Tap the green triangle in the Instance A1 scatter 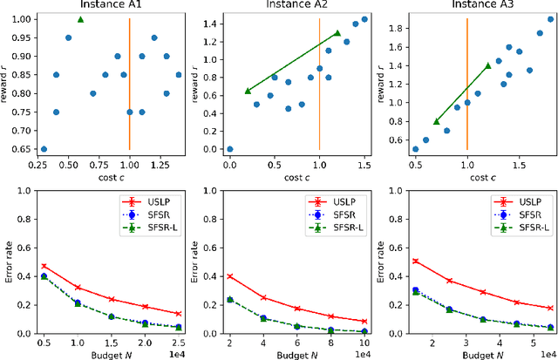[x=80, y=19]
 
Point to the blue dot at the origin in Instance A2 [x=229, y=149]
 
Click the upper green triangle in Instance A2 [x=337, y=33]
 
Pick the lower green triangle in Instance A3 [x=437, y=121]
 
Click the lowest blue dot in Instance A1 [x=44, y=149]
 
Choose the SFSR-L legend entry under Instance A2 [x=344, y=228]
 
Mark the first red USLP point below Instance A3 [x=415, y=261]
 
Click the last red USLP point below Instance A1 [x=179, y=314]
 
